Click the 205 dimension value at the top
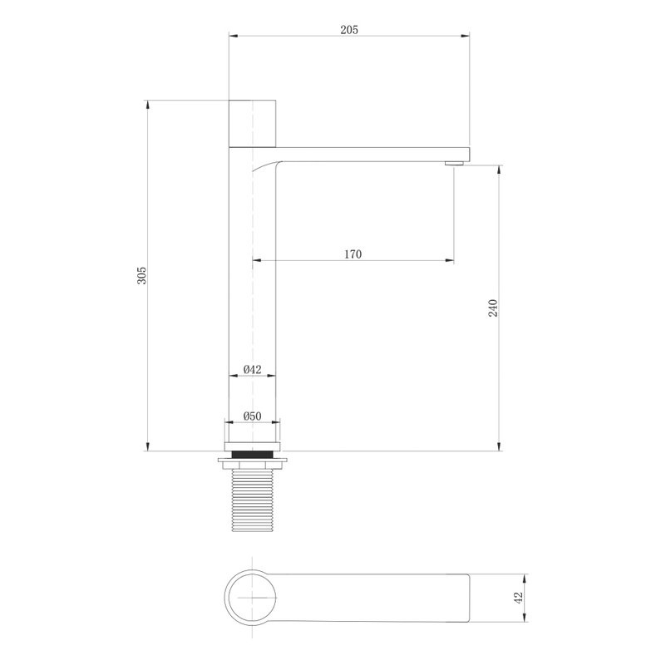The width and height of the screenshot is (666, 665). click(349, 30)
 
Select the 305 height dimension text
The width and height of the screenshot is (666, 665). click(141, 276)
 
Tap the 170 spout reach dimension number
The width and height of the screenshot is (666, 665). click(353, 254)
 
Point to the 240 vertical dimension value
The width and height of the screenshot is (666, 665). click(493, 308)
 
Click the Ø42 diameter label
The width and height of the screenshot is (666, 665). click(252, 369)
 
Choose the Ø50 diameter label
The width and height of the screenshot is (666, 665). click(252, 416)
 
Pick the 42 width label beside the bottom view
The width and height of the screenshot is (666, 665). click(518, 598)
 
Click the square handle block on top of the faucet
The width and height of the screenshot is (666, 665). click(252, 124)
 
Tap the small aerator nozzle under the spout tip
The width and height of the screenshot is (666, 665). click(454, 163)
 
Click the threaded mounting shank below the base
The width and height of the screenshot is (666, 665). click(252, 500)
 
